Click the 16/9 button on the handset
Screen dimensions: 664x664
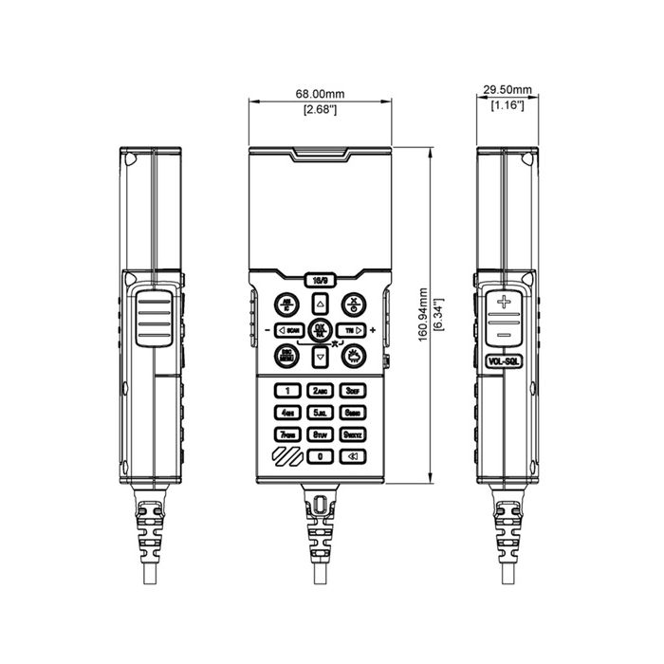320,280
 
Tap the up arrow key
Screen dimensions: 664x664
321,304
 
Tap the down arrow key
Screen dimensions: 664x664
321,357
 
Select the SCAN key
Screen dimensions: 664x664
288,330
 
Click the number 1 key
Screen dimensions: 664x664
287,391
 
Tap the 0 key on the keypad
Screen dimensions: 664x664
321,456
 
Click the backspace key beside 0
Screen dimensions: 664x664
353,456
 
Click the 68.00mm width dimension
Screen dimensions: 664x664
320,95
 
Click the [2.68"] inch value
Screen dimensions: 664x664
320,110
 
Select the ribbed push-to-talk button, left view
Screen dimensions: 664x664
153,318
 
